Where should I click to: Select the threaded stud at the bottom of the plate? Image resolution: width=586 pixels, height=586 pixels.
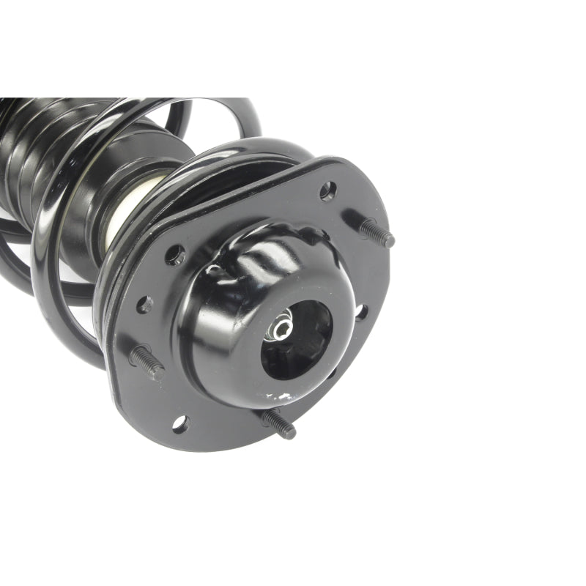tap(278, 423)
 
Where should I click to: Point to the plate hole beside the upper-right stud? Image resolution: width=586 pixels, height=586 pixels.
tap(327, 191)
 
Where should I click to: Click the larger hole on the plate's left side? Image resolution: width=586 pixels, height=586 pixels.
tap(175, 255)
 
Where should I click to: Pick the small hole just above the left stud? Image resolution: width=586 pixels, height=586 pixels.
tap(145, 305)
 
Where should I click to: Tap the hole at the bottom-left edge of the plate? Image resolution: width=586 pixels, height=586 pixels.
tap(179, 423)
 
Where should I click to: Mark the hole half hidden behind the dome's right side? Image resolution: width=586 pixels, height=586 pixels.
tap(360, 312)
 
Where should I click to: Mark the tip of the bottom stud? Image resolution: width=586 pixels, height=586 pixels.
tap(291, 433)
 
